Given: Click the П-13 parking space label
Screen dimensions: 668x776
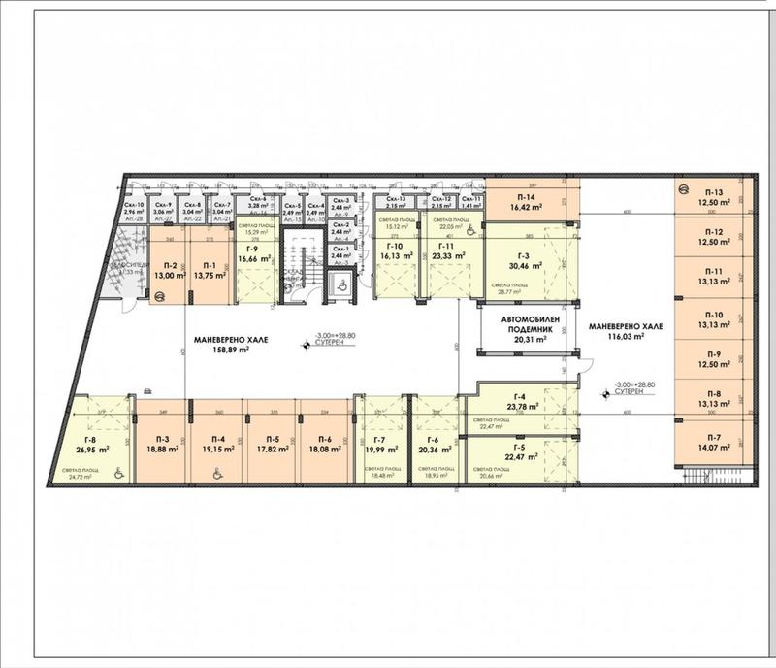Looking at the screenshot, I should [715, 191].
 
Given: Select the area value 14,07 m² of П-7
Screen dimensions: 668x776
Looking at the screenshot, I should [715, 449].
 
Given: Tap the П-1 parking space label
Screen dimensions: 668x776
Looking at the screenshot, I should [208, 265].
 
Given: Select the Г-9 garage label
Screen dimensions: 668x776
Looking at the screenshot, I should [252, 249].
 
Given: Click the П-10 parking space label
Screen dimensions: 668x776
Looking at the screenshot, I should [715, 315].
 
